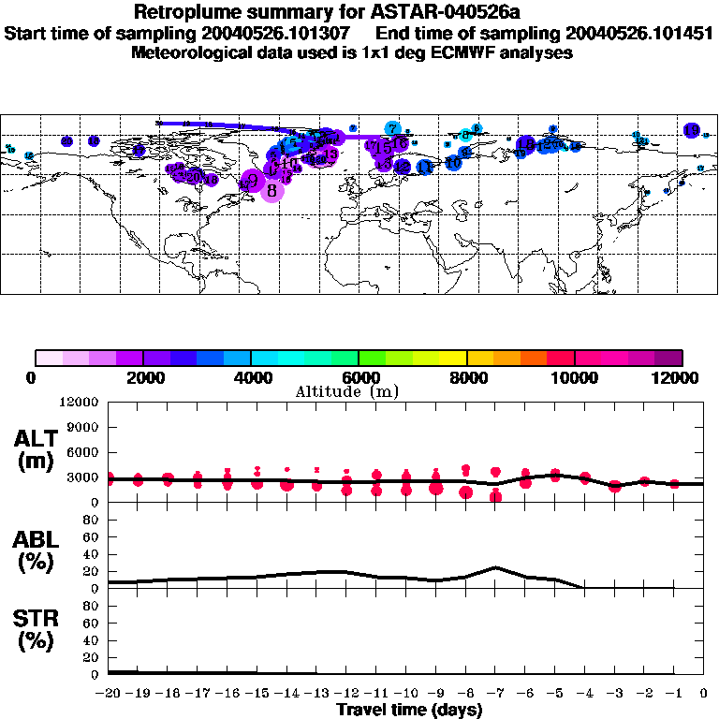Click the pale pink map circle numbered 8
[271, 191]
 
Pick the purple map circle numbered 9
[252, 179]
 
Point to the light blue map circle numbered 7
[393, 129]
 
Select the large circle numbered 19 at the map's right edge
[692, 130]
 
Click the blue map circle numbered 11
[424, 167]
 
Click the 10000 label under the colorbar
[574, 377]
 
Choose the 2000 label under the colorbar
[142, 377]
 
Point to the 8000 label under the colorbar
[466, 377]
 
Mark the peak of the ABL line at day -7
[495, 567]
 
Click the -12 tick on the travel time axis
[346, 694]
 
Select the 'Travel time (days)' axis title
[409, 711]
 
